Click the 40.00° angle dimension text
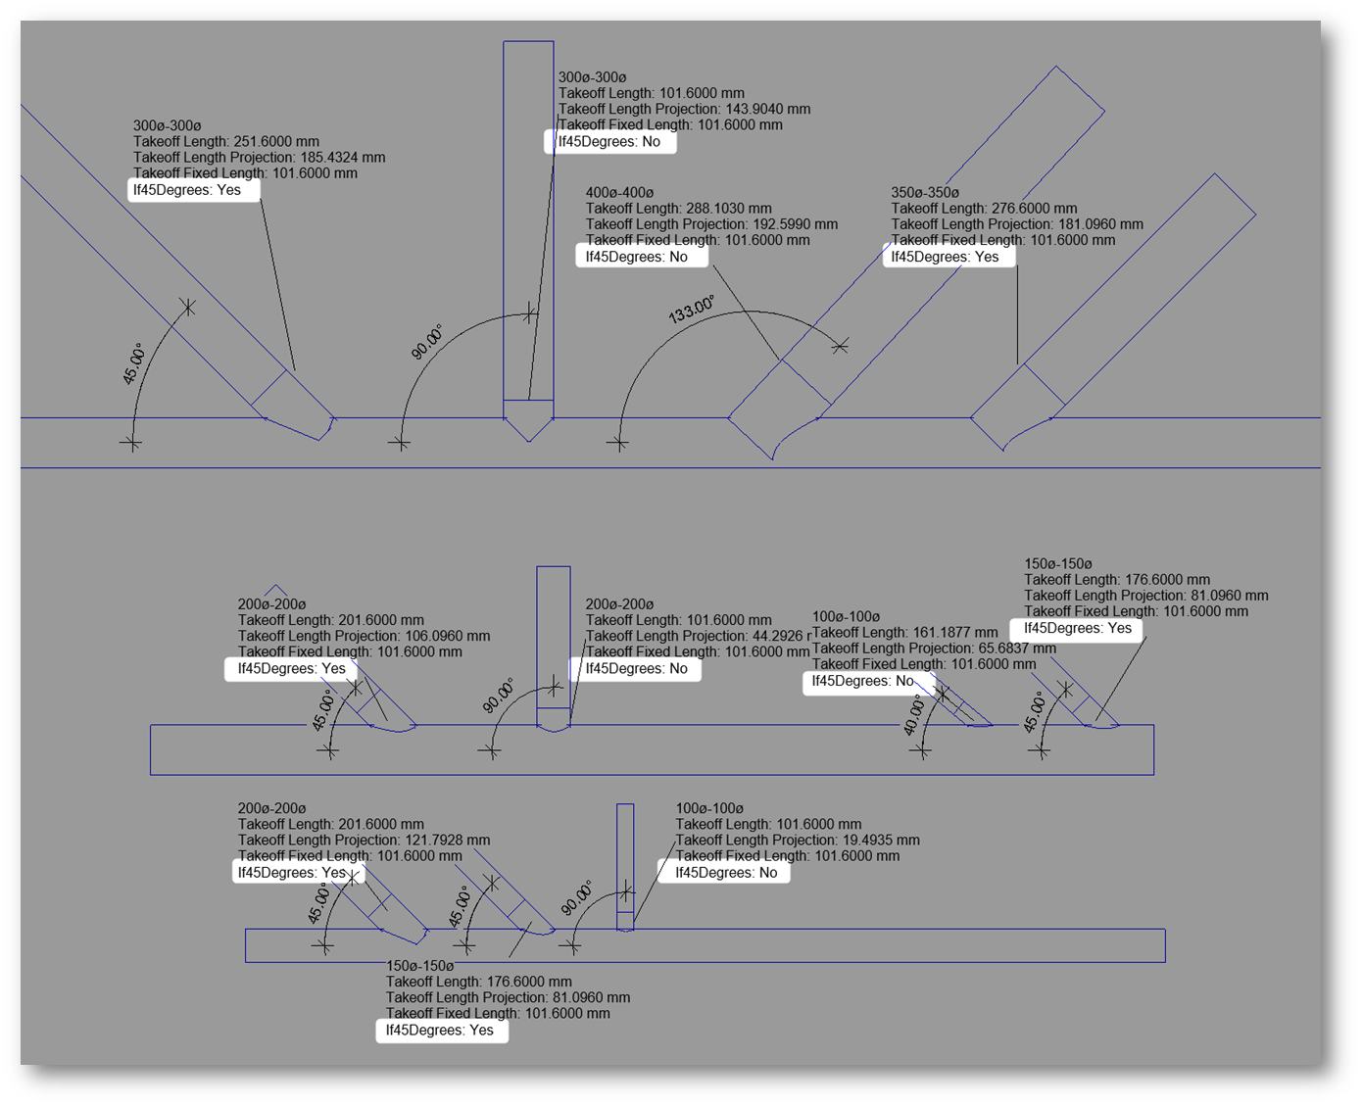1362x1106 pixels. pyautogui.click(x=913, y=715)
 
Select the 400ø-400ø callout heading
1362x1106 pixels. pyautogui.click(x=619, y=193)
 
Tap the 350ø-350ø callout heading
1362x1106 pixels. pyautogui.click(x=924, y=193)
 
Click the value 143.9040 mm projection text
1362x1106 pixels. pyautogui.click(x=767, y=109)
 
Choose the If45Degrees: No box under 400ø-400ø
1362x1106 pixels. pyautogui.click(x=637, y=257)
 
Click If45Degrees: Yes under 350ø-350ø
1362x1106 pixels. pyautogui.click(x=945, y=257)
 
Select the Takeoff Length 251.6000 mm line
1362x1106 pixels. pyautogui.click(x=225, y=142)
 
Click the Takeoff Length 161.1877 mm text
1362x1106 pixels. pyautogui.click(x=904, y=633)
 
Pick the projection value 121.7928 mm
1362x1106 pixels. pyautogui.click(x=447, y=840)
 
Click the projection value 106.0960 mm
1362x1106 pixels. pyautogui.click(x=447, y=636)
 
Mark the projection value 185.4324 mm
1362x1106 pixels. pyautogui.click(x=342, y=158)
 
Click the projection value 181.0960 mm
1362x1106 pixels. pyautogui.click(x=1099, y=224)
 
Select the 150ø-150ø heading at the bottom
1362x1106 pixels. pyautogui.click(x=419, y=966)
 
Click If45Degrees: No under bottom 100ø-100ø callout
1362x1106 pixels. pyautogui.click(x=726, y=873)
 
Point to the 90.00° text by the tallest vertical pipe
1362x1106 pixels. pyautogui.click(x=426, y=342)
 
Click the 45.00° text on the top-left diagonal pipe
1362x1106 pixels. pyautogui.click(x=133, y=363)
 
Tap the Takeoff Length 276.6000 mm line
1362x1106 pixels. pyautogui.click(x=984, y=209)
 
